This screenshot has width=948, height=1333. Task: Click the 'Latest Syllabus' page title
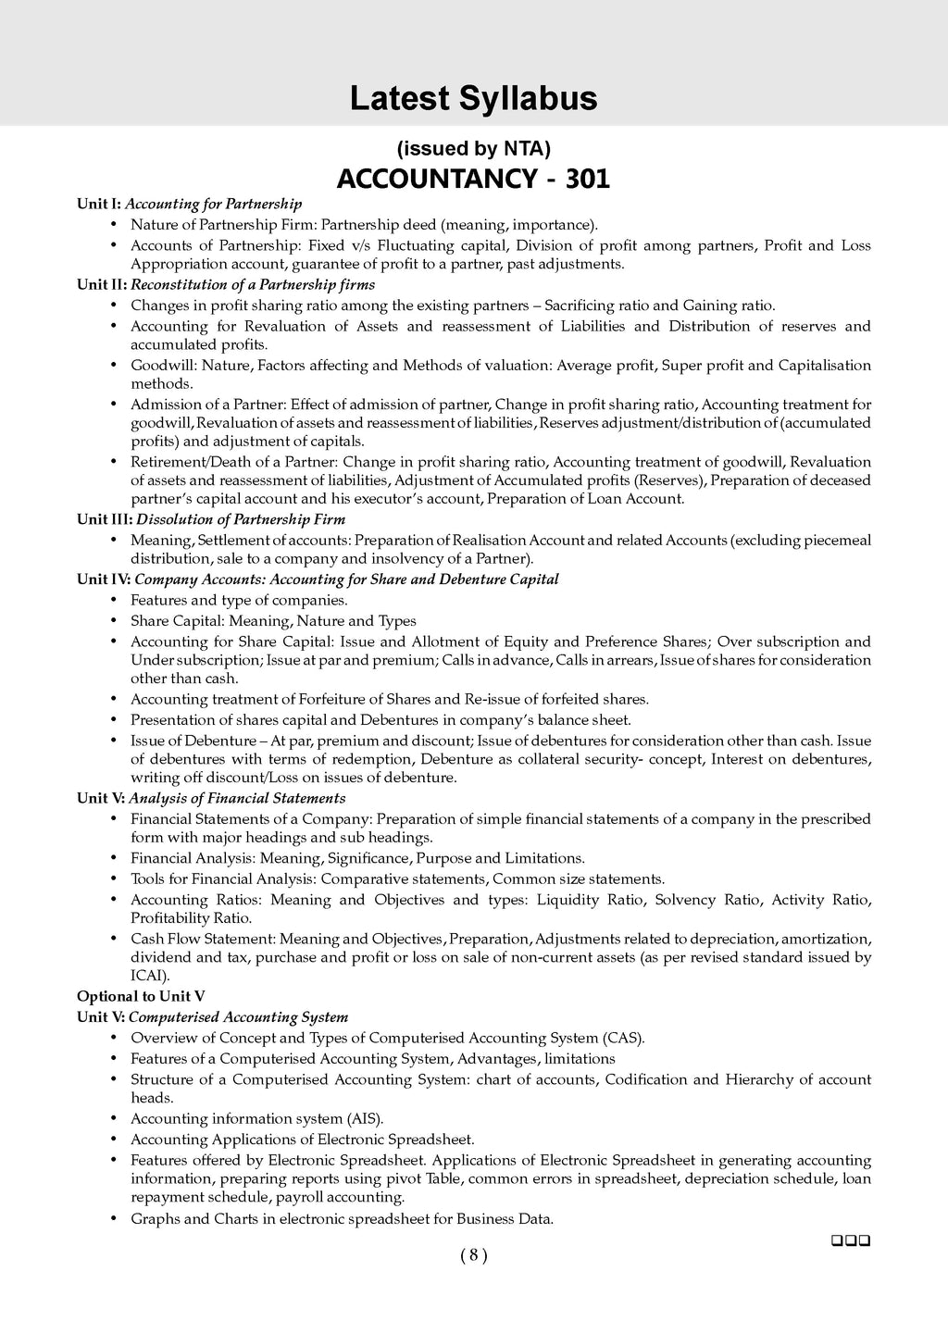tap(473, 98)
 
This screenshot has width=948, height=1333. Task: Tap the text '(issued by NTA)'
tap(473, 148)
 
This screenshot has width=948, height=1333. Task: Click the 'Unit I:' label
tap(99, 204)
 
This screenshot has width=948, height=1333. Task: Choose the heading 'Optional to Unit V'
tap(141, 996)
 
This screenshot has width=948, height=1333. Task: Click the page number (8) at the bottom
tap(473, 1255)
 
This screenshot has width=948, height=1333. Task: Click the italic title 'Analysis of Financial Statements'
tap(237, 798)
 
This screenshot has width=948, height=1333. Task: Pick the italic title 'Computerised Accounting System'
tap(238, 1017)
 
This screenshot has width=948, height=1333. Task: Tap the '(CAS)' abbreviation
tap(623, 1038)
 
